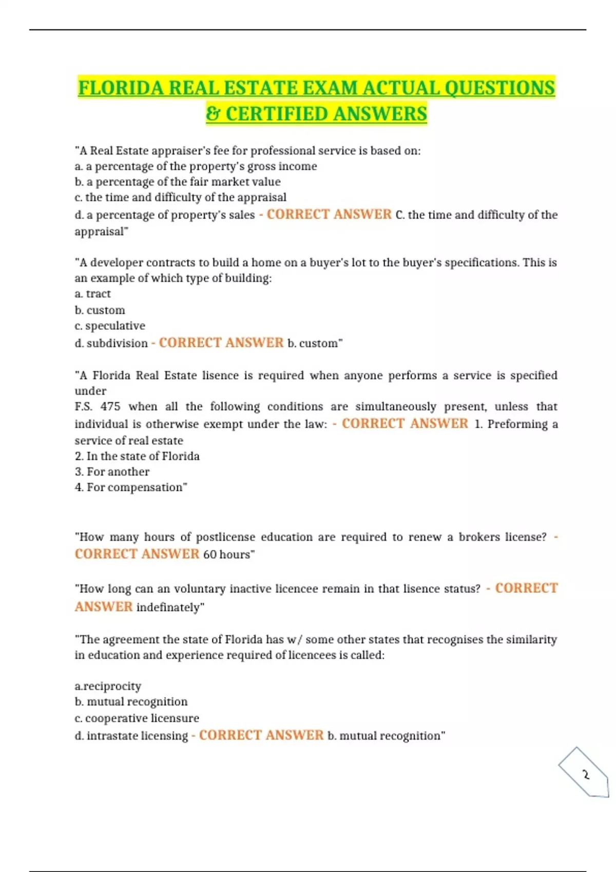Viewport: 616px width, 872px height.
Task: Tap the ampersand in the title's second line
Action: (x=213, y=114)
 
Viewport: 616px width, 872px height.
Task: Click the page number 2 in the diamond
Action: (x=586, y=775)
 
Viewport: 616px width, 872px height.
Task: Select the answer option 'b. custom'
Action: (x=100, y=310)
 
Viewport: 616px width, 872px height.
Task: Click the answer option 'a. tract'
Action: (x=93, y=294)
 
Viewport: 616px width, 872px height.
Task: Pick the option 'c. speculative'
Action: (x=110, y=326)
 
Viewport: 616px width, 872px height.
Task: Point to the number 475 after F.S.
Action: (x=110, y=407)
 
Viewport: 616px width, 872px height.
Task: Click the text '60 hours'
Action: (x=226, y=554)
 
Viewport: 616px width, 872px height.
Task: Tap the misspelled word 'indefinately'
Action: (x=168, y=607)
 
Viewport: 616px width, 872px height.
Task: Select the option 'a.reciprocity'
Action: (x=108, y=686)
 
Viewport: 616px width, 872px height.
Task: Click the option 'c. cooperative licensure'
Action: (x=137, y=718)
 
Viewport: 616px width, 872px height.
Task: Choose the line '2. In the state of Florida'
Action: (x=137, y=456)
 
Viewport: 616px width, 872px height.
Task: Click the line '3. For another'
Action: (x=112, y=472)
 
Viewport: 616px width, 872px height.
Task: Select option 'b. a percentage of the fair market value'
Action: (x=178, y=182)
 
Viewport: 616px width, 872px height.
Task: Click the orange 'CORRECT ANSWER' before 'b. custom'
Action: (x=221, y=343)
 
